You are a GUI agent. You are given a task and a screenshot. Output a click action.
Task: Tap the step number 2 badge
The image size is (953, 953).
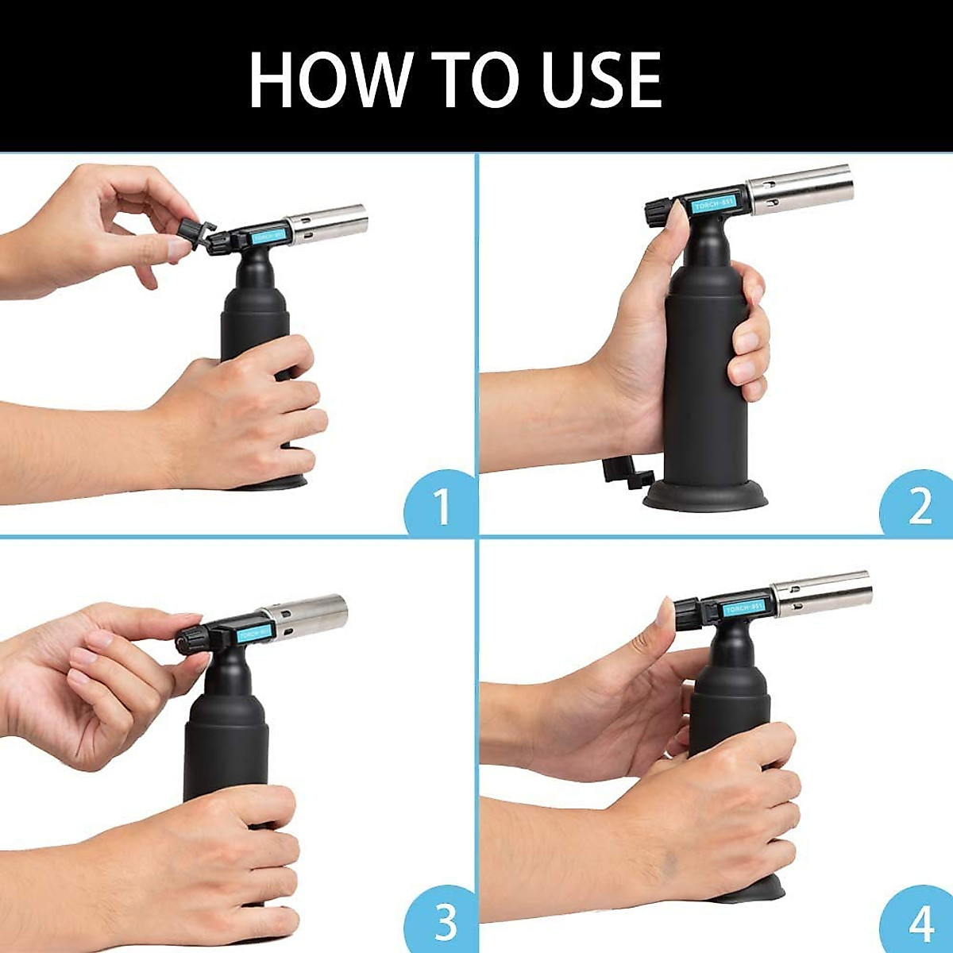coord(919,504)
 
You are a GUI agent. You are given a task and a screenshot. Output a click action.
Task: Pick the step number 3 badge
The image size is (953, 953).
coord(444,921)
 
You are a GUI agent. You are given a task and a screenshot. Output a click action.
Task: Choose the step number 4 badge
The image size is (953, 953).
coord(920,921)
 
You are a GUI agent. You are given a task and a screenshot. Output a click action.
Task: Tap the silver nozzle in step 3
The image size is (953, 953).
coord(306,616)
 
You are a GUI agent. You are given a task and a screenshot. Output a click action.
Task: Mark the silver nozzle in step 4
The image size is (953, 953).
coord(822,592)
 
